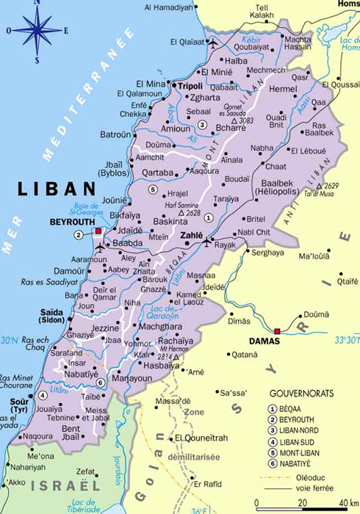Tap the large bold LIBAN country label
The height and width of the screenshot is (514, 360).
(x=57, y=189)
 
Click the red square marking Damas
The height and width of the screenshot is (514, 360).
(x=277, y=331)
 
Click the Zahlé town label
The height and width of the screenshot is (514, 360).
(x=192, y=236)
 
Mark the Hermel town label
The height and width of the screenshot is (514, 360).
(x=282, y=88)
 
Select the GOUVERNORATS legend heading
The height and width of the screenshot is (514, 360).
(x=301, y=394)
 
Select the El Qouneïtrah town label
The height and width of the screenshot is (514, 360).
(x=198, y=438)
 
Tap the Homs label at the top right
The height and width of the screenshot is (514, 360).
(x=347, y=4)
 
